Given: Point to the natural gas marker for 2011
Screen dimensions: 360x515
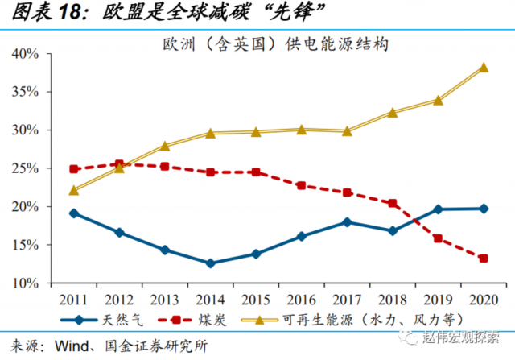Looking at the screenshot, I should tap(74, 213).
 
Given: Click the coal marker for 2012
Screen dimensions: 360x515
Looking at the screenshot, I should tap(120, 164).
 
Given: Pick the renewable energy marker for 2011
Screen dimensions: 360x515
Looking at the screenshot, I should tap(74, 191).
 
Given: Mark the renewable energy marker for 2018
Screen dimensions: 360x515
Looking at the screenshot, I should tap(393, 113).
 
